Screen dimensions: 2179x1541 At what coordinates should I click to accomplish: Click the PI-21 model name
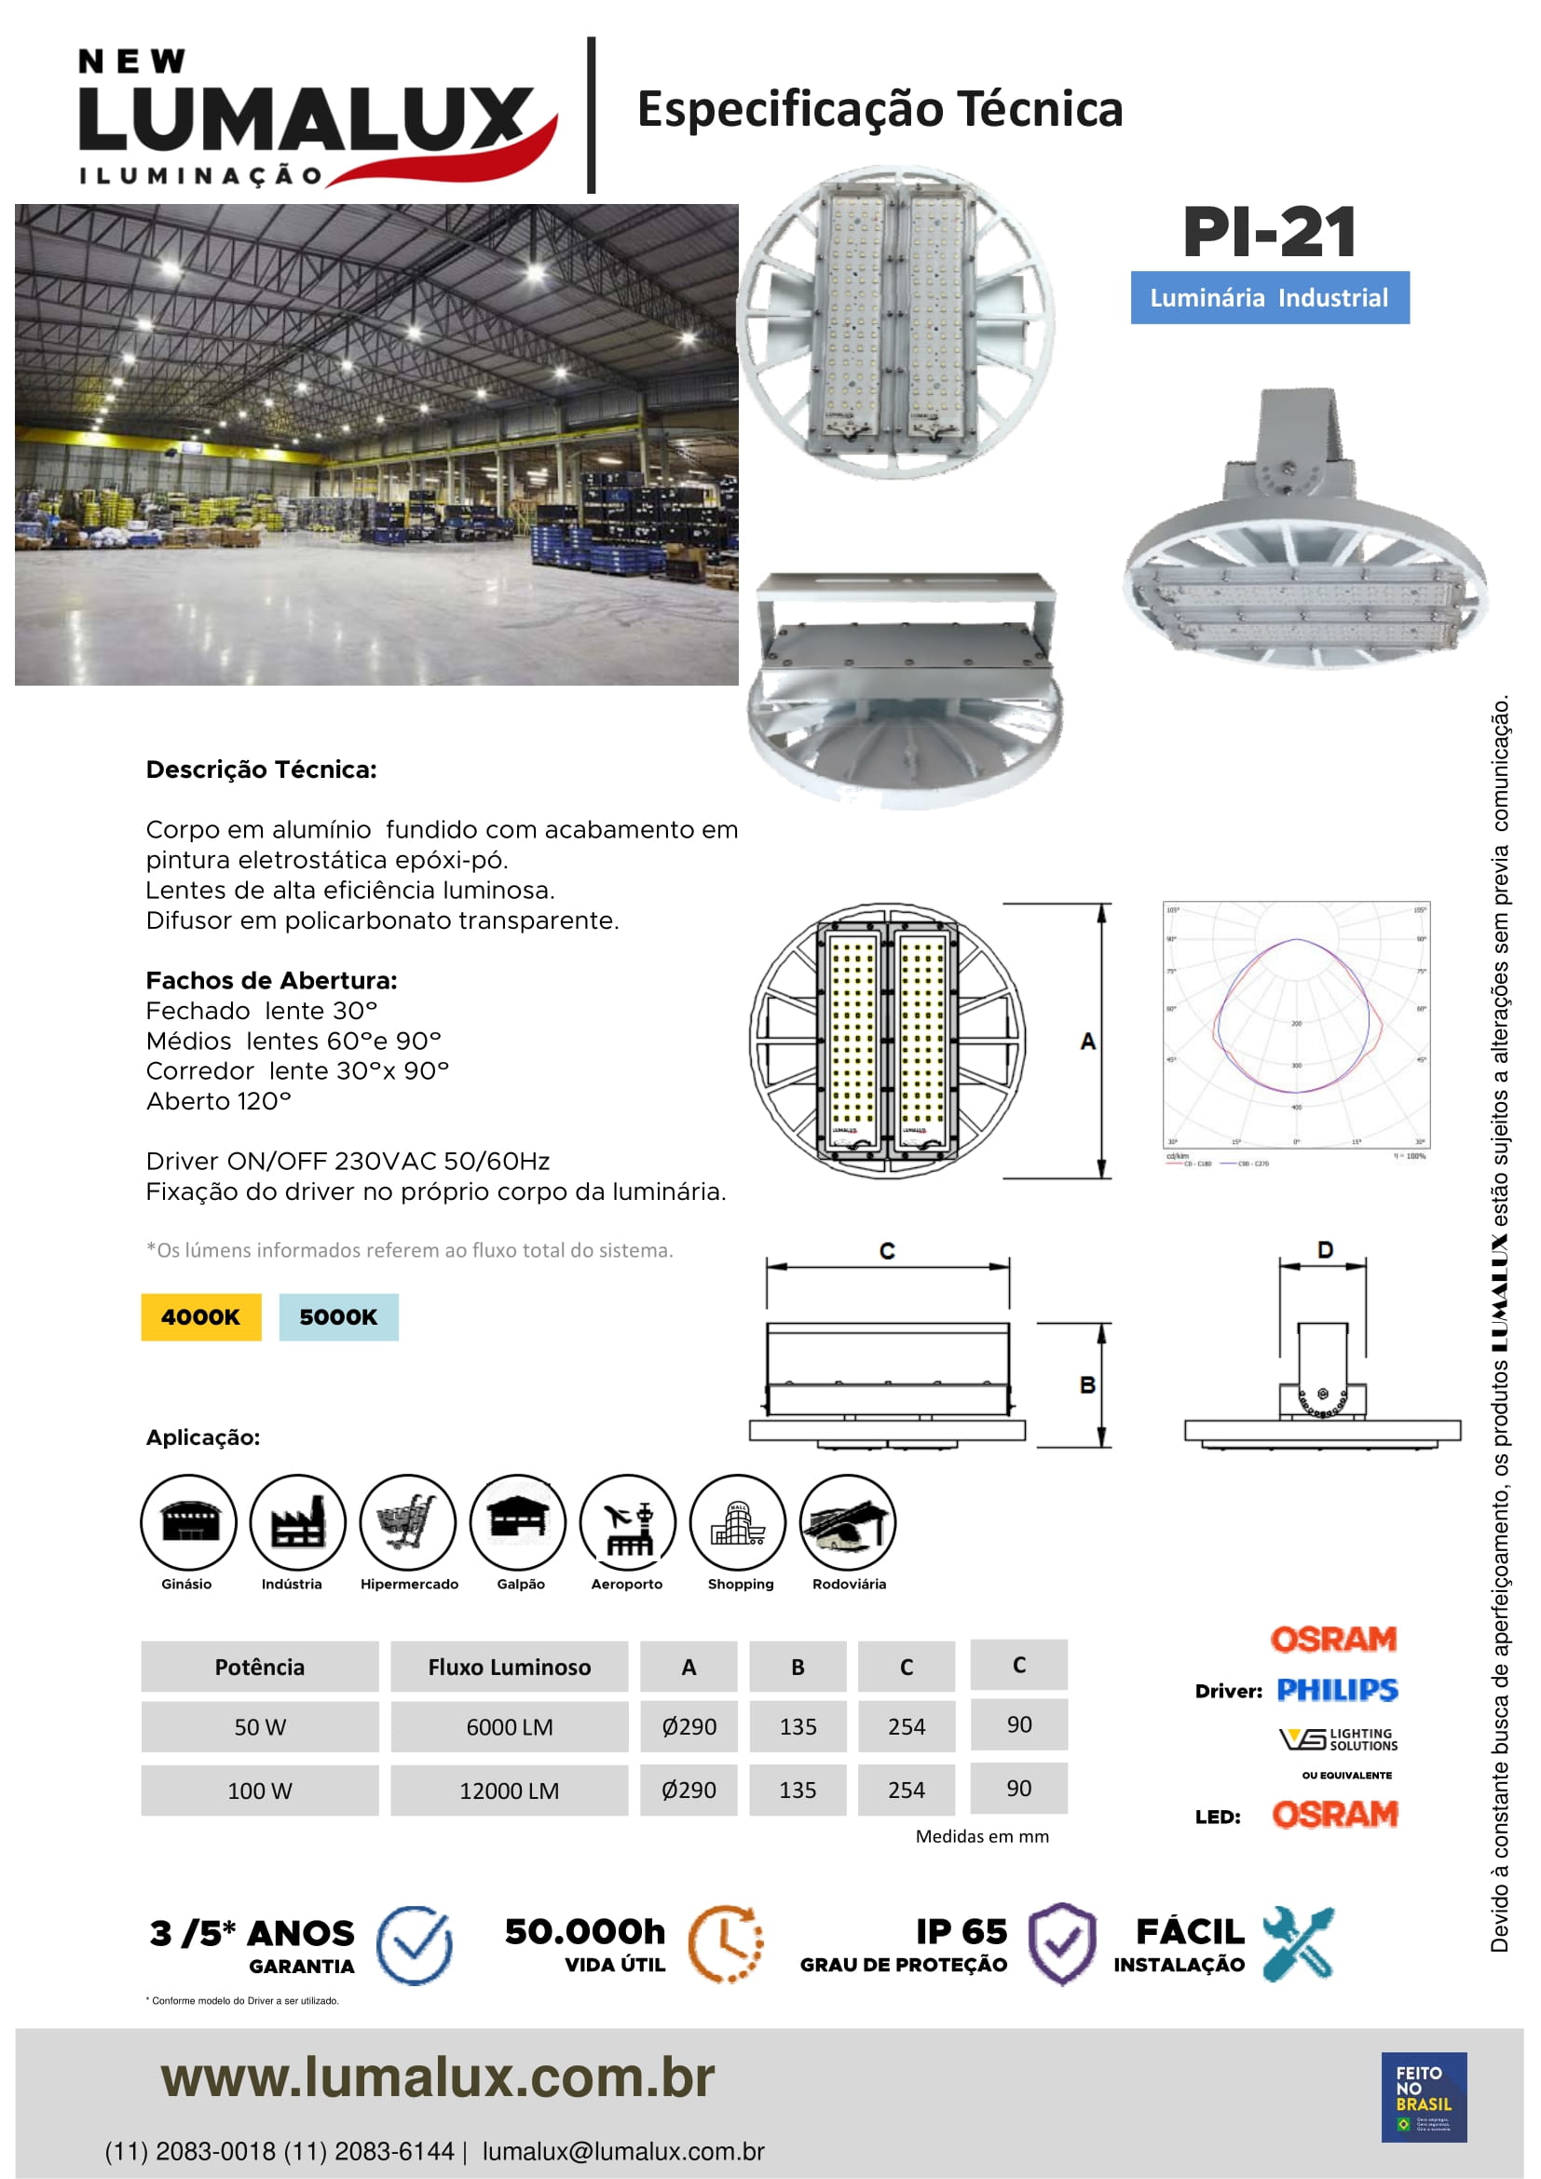(x=1269, y=233)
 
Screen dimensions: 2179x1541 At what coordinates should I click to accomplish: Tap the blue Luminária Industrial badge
(x=1269, y=298)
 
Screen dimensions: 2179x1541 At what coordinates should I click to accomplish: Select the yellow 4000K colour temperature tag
(x=200, y=1316)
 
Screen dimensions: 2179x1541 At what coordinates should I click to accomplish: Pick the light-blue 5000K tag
(x=338, y=1316)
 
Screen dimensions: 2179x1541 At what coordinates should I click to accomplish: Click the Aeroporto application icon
(x=627, y=1521)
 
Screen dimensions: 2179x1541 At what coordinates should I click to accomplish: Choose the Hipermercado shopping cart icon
(x=408, y=1521)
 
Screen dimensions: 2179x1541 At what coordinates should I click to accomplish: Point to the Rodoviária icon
(x=847, y=1521)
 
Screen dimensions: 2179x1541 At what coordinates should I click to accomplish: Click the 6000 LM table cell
(x=509, y=1726)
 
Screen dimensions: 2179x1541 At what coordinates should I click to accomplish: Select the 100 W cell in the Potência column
(x=259, y=1790)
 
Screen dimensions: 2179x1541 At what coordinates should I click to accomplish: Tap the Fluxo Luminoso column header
(x=509, y=1667)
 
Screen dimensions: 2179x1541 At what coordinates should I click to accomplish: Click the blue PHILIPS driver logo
(x=1336, y=1690)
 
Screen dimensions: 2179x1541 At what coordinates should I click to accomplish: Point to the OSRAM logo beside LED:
(x=1334, y=1815)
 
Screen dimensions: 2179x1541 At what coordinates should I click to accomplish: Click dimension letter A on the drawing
(x=1087, y=1042)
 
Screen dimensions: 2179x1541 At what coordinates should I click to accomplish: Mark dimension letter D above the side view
(x=1325, y=1250)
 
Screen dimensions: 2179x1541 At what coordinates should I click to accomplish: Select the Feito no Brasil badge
(x=1424, y=2096)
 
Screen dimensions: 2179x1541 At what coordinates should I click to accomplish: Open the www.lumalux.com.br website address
(x=438, y=2078)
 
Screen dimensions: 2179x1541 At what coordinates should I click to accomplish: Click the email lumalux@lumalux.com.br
(x=622, y=2151)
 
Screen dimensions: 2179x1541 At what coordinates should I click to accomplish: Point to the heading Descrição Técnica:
(x=261, y=769)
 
